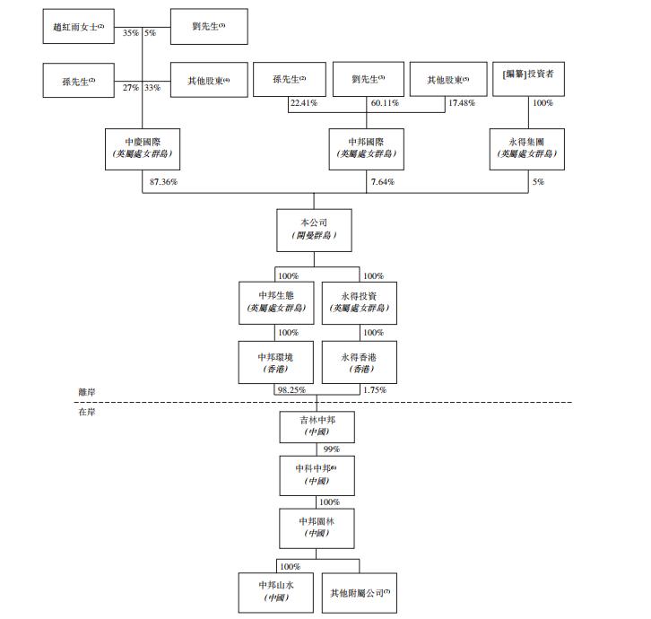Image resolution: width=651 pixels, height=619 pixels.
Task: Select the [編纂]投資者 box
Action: click(534, 81)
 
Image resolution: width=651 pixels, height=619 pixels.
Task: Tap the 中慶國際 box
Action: click(142, 149)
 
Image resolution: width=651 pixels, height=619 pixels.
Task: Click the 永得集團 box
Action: click(526, 149)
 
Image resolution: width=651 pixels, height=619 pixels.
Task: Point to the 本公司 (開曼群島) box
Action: click(313, 230)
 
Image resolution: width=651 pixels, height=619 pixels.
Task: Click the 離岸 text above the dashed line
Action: click(88, 392)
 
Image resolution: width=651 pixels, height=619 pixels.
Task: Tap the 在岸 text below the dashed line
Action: click(88, 411)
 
